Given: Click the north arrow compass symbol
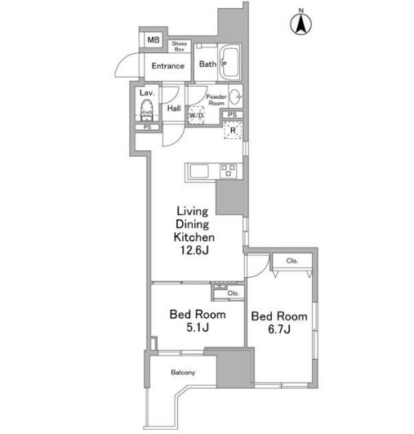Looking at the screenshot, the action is click(x=300, y=24).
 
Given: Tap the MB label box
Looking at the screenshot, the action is click(x=154, y=40).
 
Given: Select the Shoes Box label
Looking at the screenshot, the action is click(x=179, y=47).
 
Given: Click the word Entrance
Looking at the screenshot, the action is click(x=168, y=66).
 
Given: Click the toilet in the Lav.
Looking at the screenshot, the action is click(x=146, y=110).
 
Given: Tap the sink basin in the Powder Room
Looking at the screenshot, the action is click(x=235, y=96).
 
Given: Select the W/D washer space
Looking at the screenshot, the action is click(x=196, y=115).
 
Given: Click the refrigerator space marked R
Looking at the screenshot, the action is click(x=233, y=130).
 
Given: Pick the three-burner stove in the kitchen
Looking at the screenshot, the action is click(x=229, y=171).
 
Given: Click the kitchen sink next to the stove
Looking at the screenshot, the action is click(x=199, y=171).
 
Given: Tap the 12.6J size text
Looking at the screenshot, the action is click(x=194, y=250).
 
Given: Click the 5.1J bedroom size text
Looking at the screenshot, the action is click(x=198, y=328).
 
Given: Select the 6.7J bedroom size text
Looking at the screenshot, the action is click(x=279, y=329).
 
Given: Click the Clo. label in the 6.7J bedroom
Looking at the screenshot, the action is click(x=292, y=261).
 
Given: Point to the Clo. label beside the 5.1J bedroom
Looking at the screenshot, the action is click(x=233, y=293).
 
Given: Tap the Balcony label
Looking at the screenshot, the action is click(x=183, y=372).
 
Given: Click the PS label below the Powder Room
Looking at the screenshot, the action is click(x=233, y=114).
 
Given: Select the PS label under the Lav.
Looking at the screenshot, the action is click(x=148, y=127).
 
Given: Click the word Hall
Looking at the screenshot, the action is click(x=174, y=108).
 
